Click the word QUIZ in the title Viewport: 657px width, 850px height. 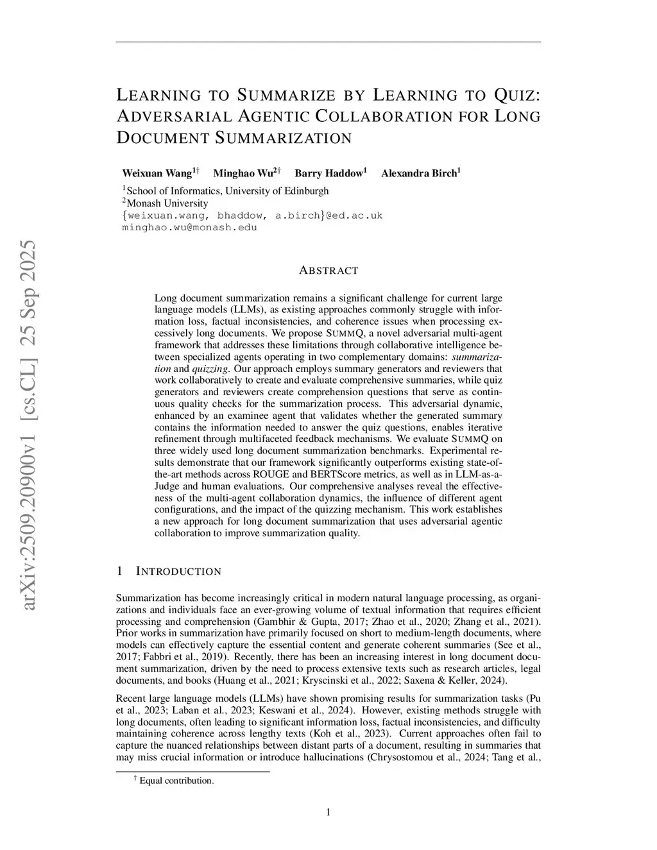click(x=516, y=96)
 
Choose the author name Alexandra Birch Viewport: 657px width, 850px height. click(x=418, y=173)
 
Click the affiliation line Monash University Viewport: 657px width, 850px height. click(x=167, y=203)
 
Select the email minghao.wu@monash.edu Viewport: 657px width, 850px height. click(x=189, y=227)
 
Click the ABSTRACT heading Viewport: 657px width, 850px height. click(x=328, y=271)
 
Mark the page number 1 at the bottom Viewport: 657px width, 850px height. click(x=328, y=813)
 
